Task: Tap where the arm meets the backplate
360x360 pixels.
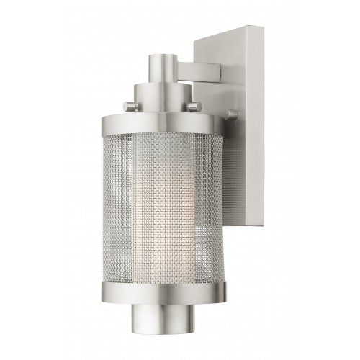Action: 216,72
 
